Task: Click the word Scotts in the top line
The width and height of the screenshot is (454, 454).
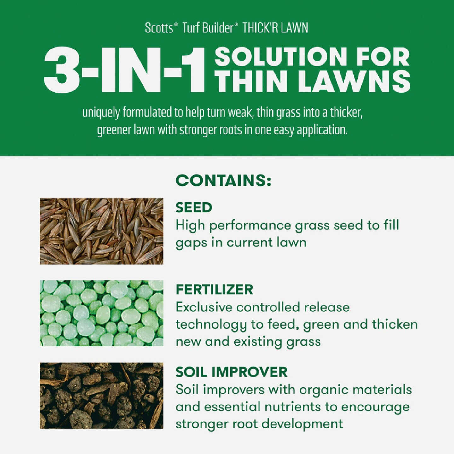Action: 159,28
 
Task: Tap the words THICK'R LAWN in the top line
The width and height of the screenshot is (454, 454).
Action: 275,28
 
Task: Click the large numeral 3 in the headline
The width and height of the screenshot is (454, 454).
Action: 62,70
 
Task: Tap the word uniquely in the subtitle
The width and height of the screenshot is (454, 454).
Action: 101,113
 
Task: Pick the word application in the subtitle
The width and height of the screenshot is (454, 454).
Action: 322,130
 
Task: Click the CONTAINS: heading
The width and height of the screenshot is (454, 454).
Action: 223,181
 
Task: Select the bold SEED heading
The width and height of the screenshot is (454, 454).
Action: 194,207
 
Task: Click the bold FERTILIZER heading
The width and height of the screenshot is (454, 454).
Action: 214,290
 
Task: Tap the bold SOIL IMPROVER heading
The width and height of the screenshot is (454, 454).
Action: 231,372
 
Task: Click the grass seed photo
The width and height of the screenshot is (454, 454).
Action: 102,231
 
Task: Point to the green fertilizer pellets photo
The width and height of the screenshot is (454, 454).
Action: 102,313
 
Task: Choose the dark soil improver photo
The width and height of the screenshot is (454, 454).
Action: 102,396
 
